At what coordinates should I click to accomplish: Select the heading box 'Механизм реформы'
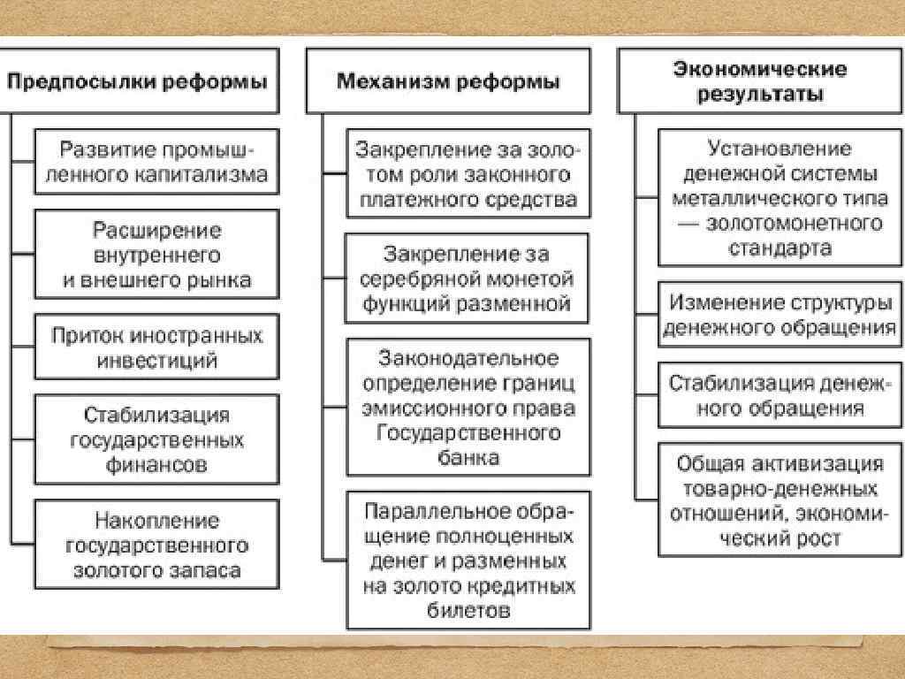[448, 81]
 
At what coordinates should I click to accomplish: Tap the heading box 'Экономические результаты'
[759, 80]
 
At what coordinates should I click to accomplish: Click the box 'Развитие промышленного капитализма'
[156, 162]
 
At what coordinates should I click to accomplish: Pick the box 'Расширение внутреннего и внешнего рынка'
[156, 255]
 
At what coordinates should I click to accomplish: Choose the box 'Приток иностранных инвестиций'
[156, 347]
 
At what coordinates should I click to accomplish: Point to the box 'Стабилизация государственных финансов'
[156, 439]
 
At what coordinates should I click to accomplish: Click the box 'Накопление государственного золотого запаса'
[156, 545]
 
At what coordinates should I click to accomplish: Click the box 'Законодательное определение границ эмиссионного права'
[468, 408]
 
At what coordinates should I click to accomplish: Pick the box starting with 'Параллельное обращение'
[468, 561]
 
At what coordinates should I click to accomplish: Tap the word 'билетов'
[468, 611]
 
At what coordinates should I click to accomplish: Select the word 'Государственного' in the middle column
[468, 433]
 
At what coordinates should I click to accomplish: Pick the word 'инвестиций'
[157, 361]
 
